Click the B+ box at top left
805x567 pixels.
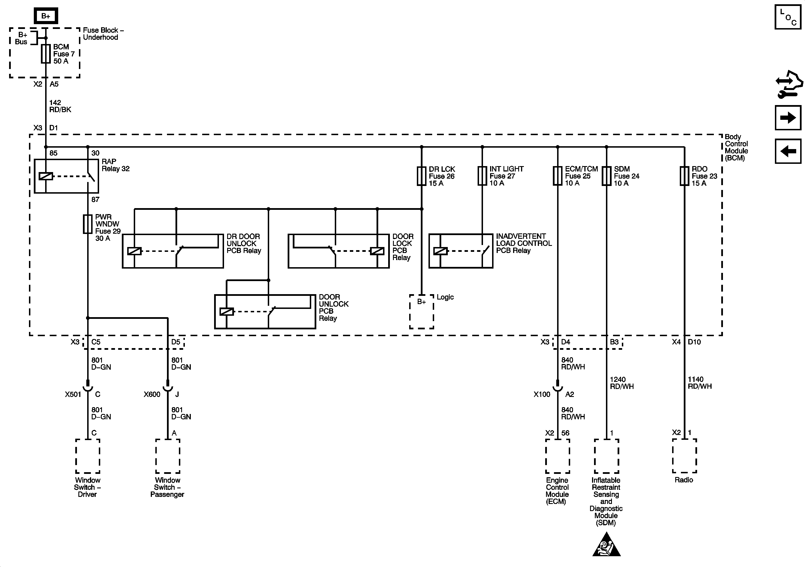pos(46,16)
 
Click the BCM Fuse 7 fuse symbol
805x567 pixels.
pos(46,54)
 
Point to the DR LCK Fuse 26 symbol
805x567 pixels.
pos(421,176)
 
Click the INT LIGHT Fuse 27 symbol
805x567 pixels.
pos(482,176)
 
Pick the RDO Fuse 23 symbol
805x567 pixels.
pos(684,176)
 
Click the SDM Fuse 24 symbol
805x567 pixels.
pos(606,176)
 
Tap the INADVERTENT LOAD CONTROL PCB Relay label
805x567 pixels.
pos(523,243)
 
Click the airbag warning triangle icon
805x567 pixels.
pos(606,545)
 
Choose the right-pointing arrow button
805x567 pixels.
pos(788,118)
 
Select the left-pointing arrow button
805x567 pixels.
pos(788,151)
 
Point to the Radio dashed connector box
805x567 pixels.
pos(684,456)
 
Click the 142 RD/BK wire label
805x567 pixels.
pos(60,106)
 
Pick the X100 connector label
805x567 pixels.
pos(542,394)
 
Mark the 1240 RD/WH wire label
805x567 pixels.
pos(622,383)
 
